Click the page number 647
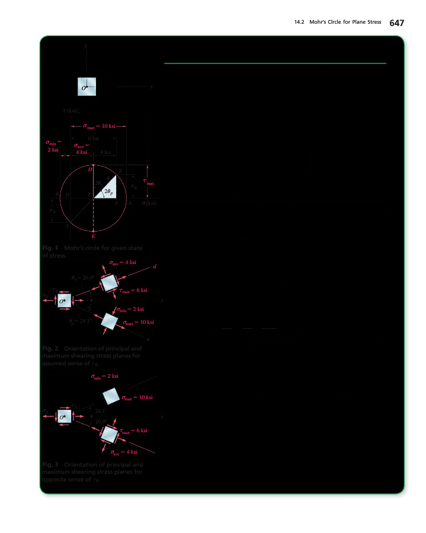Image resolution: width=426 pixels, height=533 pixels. pos(396,23)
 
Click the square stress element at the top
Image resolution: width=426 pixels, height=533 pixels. pos(87,87)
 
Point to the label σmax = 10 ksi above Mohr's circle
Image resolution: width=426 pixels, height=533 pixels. pos(98,126)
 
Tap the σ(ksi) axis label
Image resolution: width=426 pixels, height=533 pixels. pos(149,204)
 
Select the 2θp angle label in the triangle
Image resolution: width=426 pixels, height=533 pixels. pos(108,192)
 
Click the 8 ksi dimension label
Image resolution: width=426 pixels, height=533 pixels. pos(92,138)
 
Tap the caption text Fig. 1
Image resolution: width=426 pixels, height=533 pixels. pos(50,247)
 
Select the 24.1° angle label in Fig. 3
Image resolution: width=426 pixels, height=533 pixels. pos(101,410)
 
